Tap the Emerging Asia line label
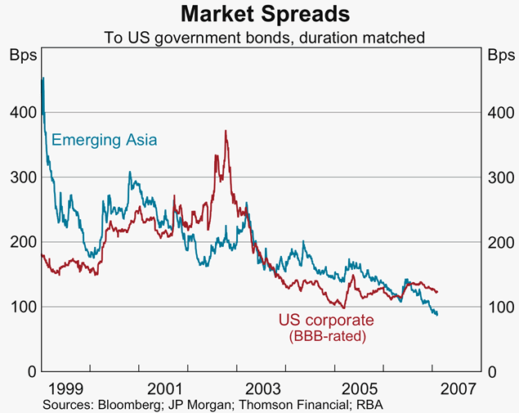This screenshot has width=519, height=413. (x=105, y=140)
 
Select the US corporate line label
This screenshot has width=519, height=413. (x=326, y=321)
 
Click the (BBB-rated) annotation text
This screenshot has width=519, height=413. (x=326, y=335)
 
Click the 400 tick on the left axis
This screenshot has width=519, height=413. (x=20, y=113)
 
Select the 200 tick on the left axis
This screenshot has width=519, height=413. (x=20, y=242)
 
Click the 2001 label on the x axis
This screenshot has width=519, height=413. (x=165, y=387)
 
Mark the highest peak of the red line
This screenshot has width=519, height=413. (x=226, y=131)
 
